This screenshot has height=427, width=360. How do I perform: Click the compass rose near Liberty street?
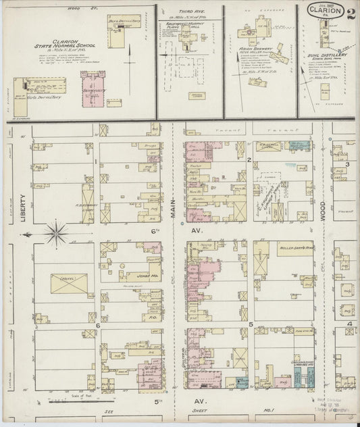56,235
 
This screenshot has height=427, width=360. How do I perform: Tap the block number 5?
251,325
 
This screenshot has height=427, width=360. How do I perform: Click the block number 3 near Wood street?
347,164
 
